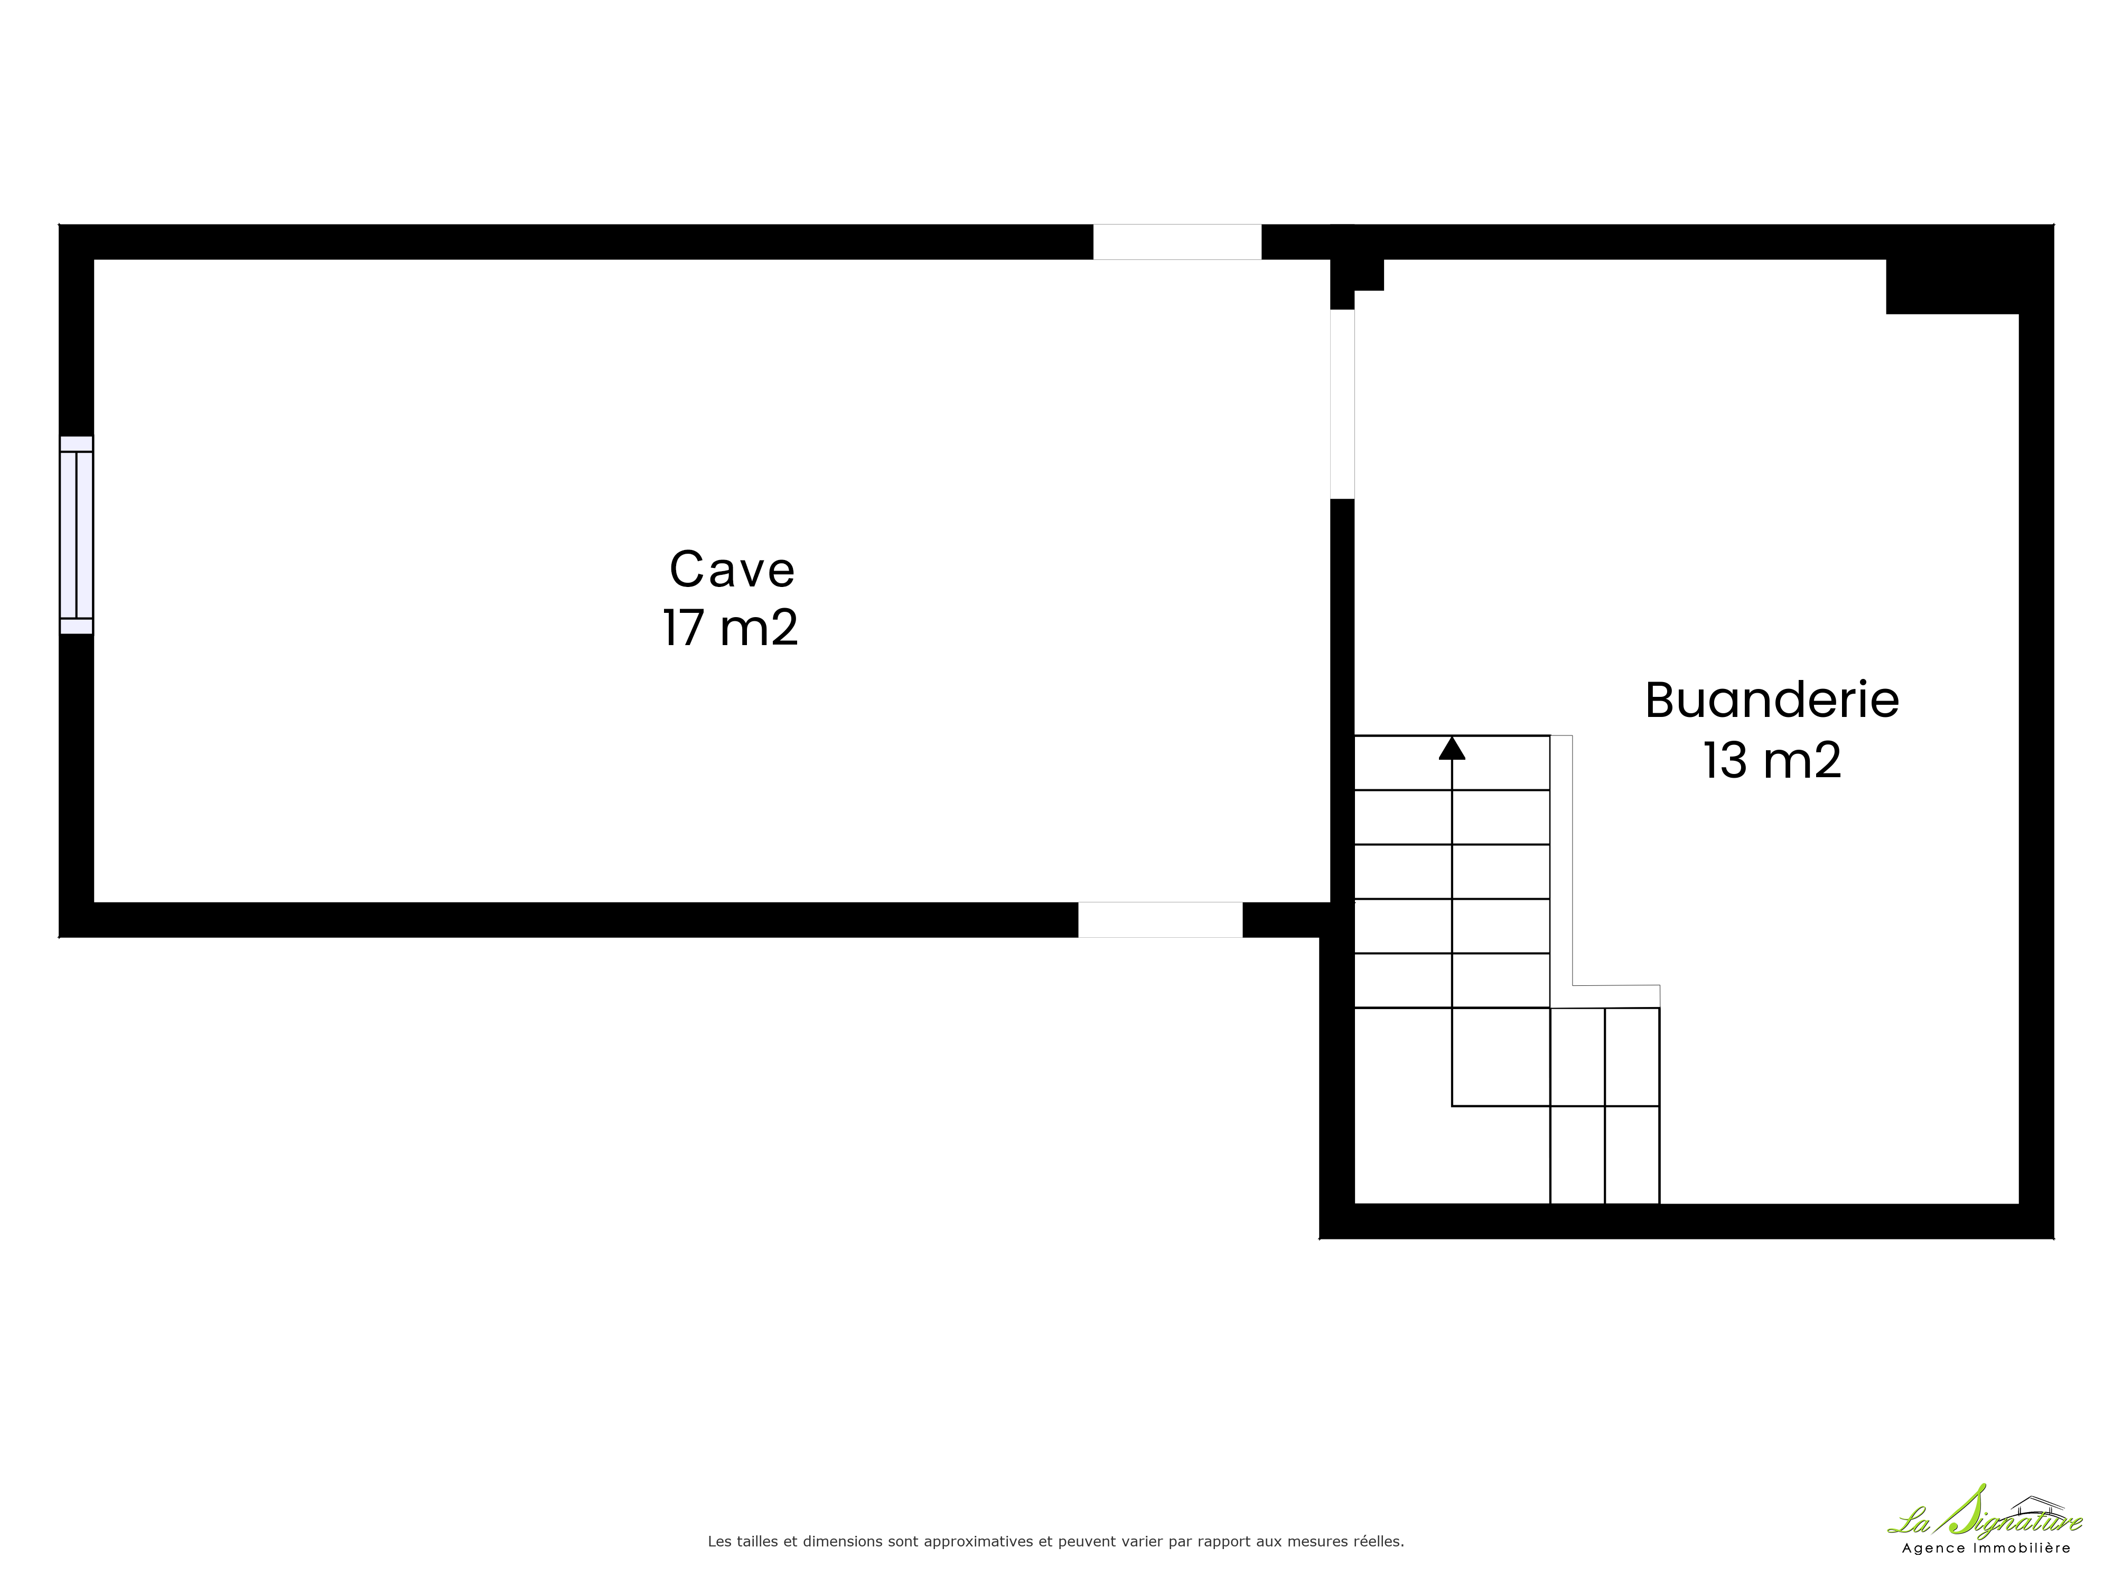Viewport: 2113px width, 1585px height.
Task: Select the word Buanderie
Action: coord(1771,700)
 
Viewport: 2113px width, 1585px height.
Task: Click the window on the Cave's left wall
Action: coord(77,535)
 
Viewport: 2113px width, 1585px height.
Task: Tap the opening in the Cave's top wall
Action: coord(1177,242)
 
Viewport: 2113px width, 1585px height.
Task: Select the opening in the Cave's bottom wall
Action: coord(1161,919)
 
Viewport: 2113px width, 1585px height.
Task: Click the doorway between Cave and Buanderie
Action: coord(1342,404)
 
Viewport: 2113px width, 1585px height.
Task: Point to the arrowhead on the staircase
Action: coord(1452,748)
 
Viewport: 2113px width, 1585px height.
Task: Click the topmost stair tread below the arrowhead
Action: coord(1452,762)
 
